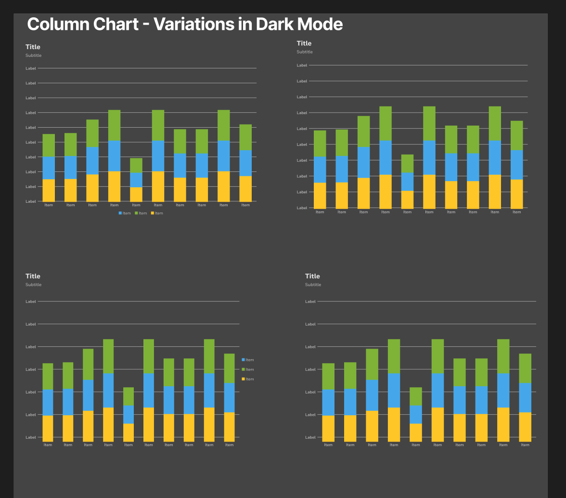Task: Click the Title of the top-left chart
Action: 33,47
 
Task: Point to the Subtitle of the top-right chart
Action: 304,52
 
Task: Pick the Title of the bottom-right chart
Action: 312,276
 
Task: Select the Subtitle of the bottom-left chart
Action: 34,285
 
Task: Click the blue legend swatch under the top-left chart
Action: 120,213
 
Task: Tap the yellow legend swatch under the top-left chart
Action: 153,213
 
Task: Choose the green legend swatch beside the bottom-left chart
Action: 244,369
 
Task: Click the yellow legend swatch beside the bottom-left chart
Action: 244,379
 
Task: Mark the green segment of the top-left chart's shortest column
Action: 136,165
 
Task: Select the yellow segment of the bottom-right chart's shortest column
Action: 416,432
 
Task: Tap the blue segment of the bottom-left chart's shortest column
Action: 129,414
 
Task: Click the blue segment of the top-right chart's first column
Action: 320,170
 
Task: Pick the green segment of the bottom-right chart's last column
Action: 525,368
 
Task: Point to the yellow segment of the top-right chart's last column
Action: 516,194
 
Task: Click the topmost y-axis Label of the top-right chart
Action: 302,65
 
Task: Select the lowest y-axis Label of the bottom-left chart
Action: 31,437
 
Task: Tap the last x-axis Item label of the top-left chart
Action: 245,205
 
